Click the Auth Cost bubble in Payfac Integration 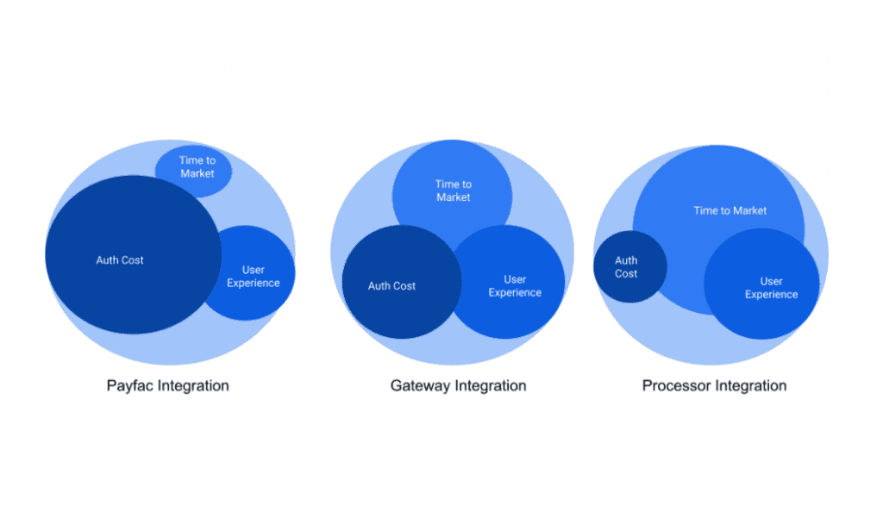tap(133, 254)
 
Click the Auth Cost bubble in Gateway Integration tap(401, 282)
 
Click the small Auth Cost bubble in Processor tap(629, 266)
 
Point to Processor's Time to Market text tap(730, 210)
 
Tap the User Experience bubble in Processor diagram tap(762, 284)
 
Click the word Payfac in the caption tap(130, 386)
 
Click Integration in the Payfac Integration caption tap(193, 386)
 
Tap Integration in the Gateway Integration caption tap(491, 386)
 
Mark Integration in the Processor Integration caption tap(751, 386)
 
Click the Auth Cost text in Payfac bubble tap(119, 260)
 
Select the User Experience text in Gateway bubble tap(515, 286)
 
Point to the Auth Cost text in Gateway tap(391, 286)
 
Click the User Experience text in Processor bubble tap(771, 288)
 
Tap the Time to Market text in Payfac tap(197, 167)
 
